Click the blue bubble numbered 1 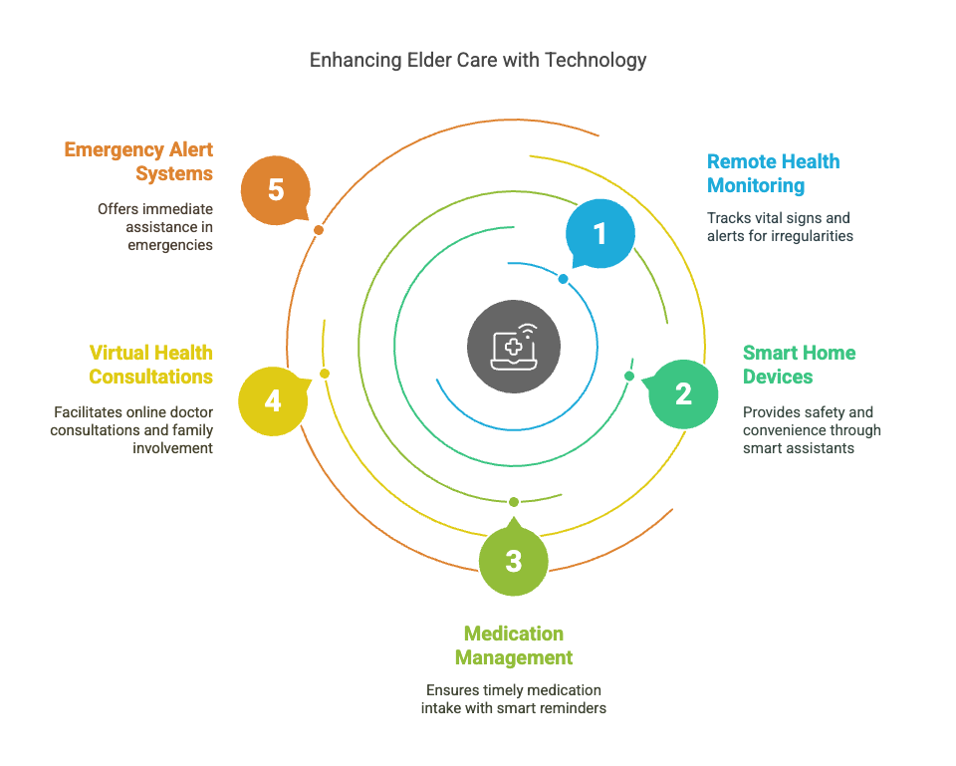(599, 234)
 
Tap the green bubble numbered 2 (683, 393)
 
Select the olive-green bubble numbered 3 (513, 561)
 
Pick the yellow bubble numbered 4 (273, 401)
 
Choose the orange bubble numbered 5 (276, 190)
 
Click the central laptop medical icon (513, 347)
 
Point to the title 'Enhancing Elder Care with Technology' (478, 60)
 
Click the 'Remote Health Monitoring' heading (773, 173)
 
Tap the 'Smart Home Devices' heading (799, 365)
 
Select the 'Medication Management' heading (513, 645)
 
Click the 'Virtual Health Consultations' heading (150, 365)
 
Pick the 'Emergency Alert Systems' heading (138, 161)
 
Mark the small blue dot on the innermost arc (563, 279)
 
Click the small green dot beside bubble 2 (629, 376)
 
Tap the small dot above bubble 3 (513, 501)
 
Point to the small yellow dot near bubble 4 (324, 374)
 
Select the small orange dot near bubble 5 (319, 230)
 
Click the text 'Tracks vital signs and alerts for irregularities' (780, 227)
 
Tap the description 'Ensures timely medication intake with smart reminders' (513, 699)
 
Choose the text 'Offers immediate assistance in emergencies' (154, 227)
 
